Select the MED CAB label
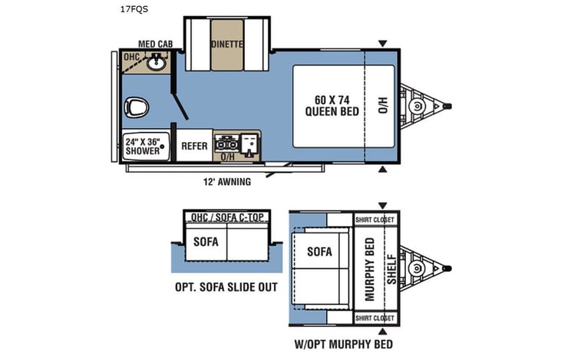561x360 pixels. click(x=154, y=44)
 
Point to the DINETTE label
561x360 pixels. click(x=227, y=45)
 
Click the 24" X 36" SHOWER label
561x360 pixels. click(x=144, y=146)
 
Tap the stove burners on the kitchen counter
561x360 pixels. click(x=228, y=143)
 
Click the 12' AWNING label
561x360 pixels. click(x=227, y=183)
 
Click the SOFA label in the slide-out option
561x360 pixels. click(x=206, y=242)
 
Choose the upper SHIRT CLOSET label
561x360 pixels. click(x=375, y=220)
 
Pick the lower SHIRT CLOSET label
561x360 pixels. click(x=375, y=317)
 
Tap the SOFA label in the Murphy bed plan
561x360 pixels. click(x=318, y=251)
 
